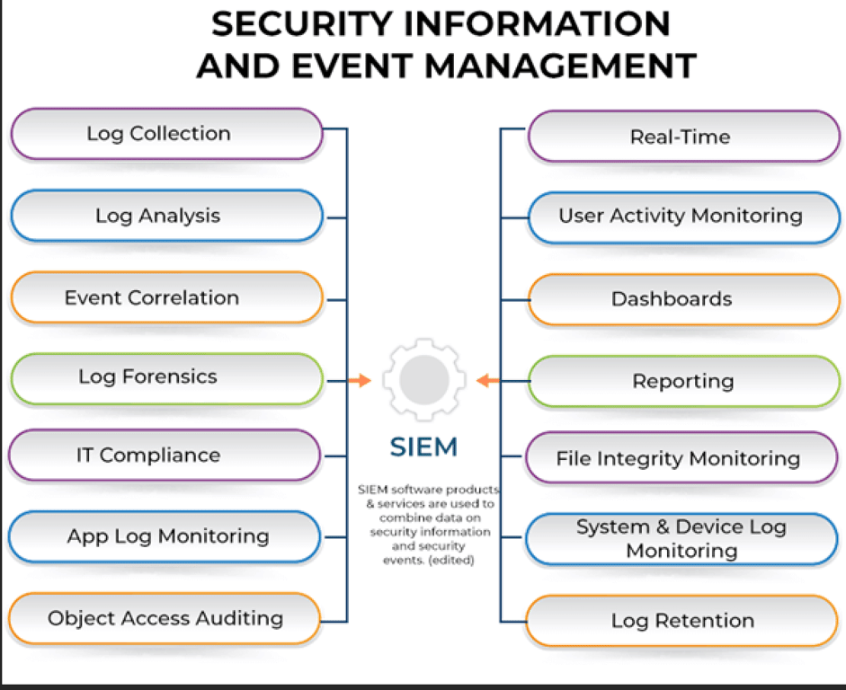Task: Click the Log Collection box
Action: (x=166, y=134)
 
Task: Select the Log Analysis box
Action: (x=166, y=216)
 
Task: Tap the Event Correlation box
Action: (x=166, y=297)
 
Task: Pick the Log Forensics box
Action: (x=166, y=377)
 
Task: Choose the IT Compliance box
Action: (x=165, y=456)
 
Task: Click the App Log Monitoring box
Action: (x=165, y=537)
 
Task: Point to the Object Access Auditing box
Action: (x=165, y=618)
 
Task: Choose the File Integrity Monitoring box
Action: (x=681, y=458)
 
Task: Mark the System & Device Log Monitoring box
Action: (x=681, y=539)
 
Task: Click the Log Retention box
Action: (x=681, y=621)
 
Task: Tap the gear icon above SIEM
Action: (x=424, y=379)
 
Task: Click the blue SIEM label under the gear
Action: (x=424, y=447)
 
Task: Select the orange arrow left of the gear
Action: (x=360, y=381)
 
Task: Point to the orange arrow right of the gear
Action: (x=488, y=381)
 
